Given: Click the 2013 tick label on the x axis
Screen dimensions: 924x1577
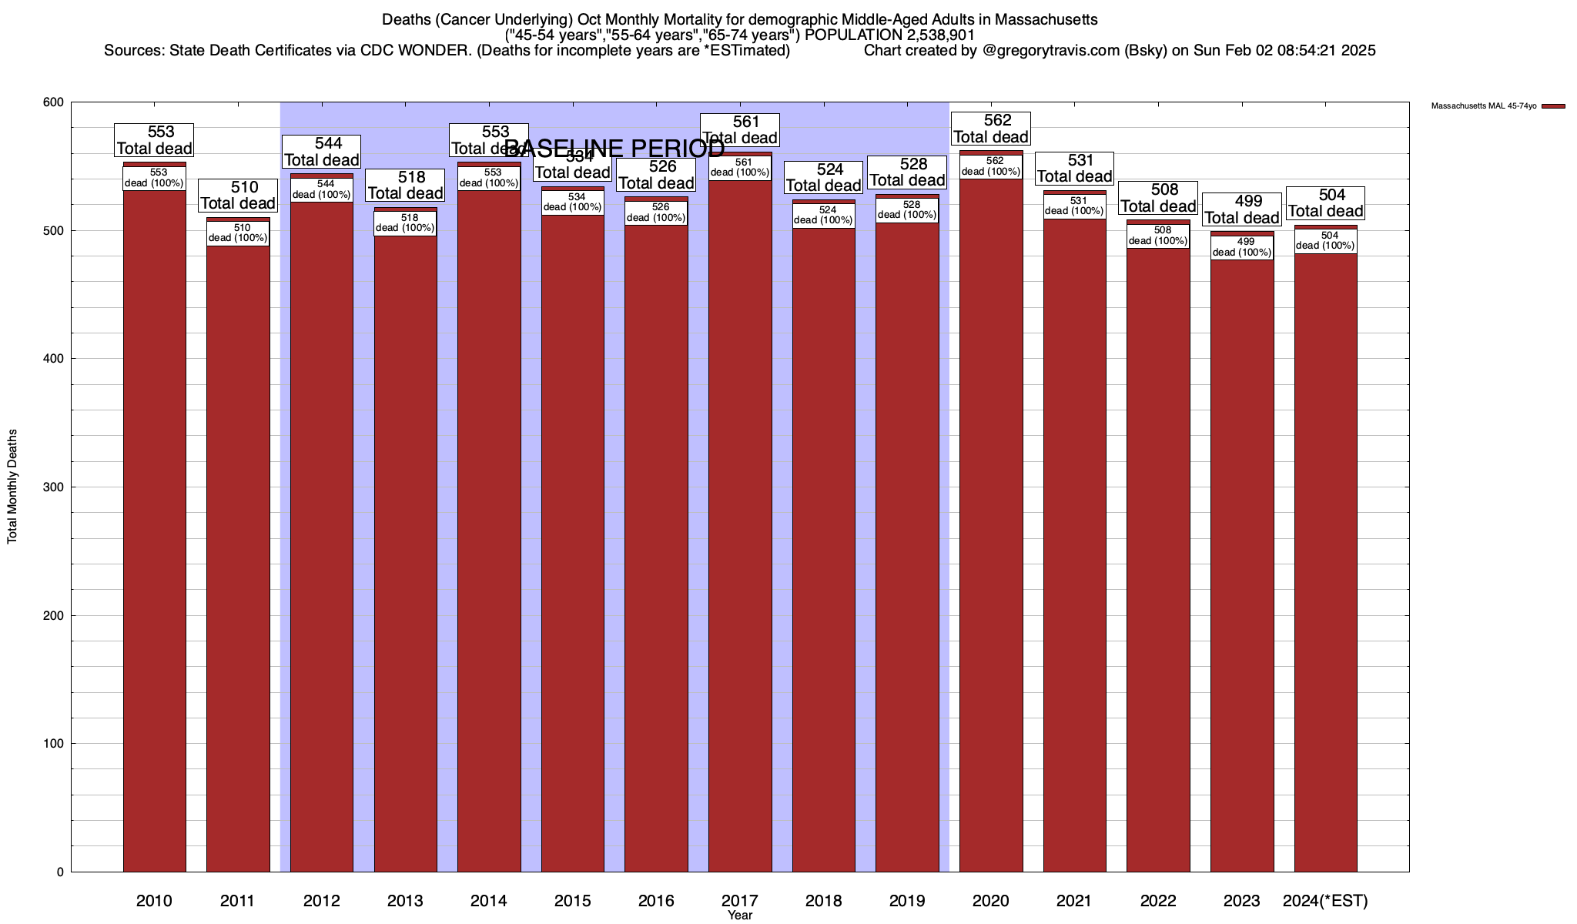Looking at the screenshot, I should point(405,901).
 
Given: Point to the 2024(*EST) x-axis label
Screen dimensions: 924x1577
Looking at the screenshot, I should point(1325,901).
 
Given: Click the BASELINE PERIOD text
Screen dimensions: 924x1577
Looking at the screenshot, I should point(614,148).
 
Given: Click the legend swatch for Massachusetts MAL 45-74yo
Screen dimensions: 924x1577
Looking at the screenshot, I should point(1554,106).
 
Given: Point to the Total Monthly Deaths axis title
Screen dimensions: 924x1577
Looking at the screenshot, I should point(12,487).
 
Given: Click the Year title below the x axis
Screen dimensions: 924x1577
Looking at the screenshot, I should point(740,916).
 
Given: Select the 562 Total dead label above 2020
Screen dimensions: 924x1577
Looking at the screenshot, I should point(991,129).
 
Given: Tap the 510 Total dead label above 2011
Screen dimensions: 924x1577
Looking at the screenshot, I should point(238,196).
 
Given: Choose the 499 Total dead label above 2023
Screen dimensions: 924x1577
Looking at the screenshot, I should point(1242,209).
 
